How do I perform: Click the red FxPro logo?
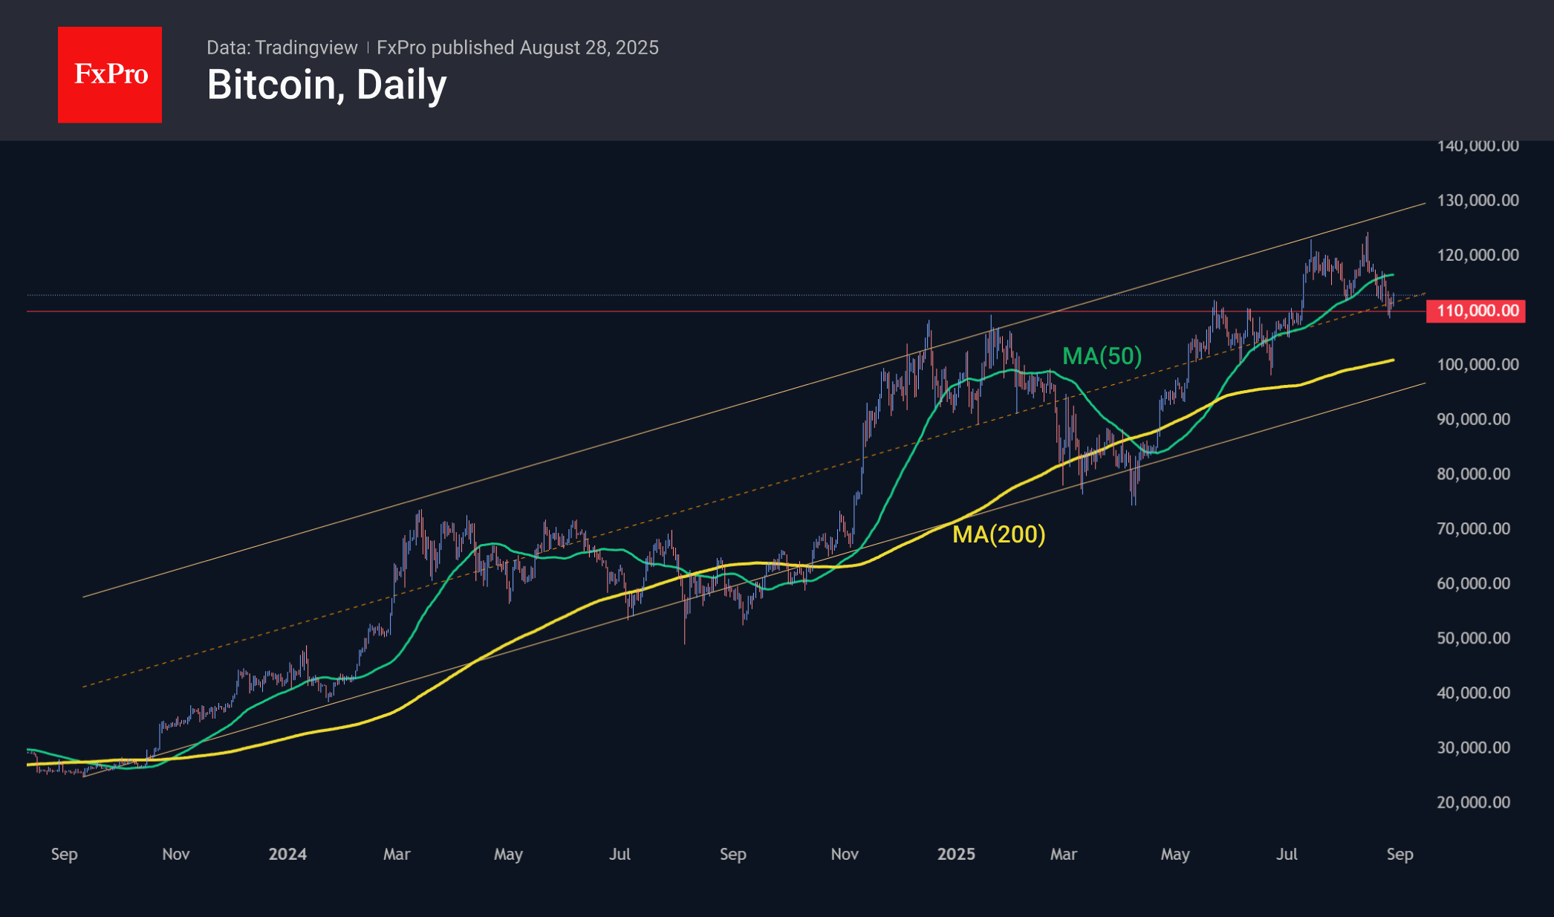[110, 74]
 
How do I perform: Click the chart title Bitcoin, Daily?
[327, 85]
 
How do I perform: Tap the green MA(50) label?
[1102, 356]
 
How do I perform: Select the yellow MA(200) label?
[998, 534]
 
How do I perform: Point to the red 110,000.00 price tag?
[1476, 311]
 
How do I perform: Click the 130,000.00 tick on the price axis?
[1477, 200]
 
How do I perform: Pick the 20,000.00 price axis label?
[1473, 802]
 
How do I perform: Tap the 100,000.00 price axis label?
[1477, 364]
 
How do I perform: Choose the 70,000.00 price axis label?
[1473, 528]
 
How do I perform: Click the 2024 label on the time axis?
[287, 854]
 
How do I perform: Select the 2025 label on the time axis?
[956, 854]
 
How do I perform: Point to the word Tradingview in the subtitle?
[306, 48]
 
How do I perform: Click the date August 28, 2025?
[589, 48]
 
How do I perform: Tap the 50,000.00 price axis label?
[1473, 638]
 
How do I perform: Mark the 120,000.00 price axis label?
[1477, 255]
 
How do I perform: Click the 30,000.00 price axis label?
[1473, 748]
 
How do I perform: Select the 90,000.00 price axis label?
[1473, 419]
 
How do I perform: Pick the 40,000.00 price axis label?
[1473, 693]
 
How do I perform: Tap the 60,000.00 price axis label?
[1473, 583]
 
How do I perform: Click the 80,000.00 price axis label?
[1473, 473]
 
